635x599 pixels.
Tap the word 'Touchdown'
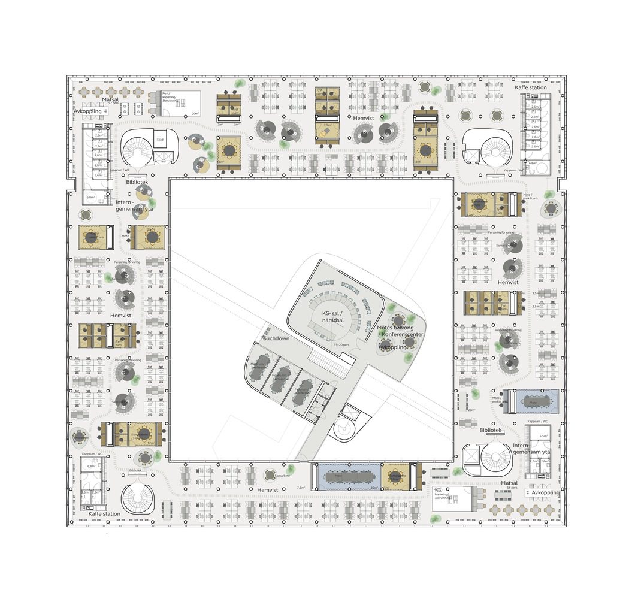[275, 339]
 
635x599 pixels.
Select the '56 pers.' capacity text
[510, 489]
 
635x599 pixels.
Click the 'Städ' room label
[160, 139]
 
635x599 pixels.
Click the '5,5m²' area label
[543, 436]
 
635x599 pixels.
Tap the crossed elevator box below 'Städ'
[161, 156]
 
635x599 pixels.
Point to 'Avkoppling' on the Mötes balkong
[392, 347]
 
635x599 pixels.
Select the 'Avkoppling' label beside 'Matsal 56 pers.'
[545, 492]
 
